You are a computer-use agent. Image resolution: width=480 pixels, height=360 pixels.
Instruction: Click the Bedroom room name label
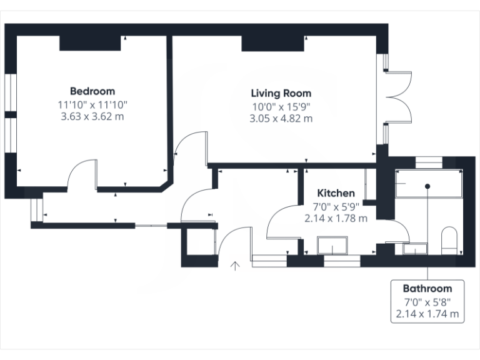92,91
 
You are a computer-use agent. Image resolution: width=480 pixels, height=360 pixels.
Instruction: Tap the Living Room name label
281,93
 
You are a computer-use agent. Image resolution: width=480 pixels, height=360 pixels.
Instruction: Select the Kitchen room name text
336,193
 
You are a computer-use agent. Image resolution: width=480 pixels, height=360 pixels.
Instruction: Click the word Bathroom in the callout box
427,289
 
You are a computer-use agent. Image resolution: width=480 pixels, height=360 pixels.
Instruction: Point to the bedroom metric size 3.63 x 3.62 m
92,116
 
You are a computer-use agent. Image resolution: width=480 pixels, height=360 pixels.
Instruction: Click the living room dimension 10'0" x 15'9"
281,106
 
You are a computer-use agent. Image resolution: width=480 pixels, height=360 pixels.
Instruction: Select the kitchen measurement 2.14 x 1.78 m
336,219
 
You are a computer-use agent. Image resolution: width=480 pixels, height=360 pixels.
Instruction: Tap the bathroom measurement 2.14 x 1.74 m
427,314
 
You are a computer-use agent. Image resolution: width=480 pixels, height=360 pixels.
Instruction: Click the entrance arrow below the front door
236,266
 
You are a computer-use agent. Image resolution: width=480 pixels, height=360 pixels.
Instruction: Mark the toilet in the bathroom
449,241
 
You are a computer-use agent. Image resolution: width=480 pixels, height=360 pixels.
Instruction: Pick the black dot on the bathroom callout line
427,186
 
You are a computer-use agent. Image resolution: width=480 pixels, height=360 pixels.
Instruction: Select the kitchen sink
332,246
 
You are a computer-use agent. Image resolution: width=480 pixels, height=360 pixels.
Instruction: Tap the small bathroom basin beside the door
414,249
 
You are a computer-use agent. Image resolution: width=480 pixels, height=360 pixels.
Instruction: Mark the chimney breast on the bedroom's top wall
90,43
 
